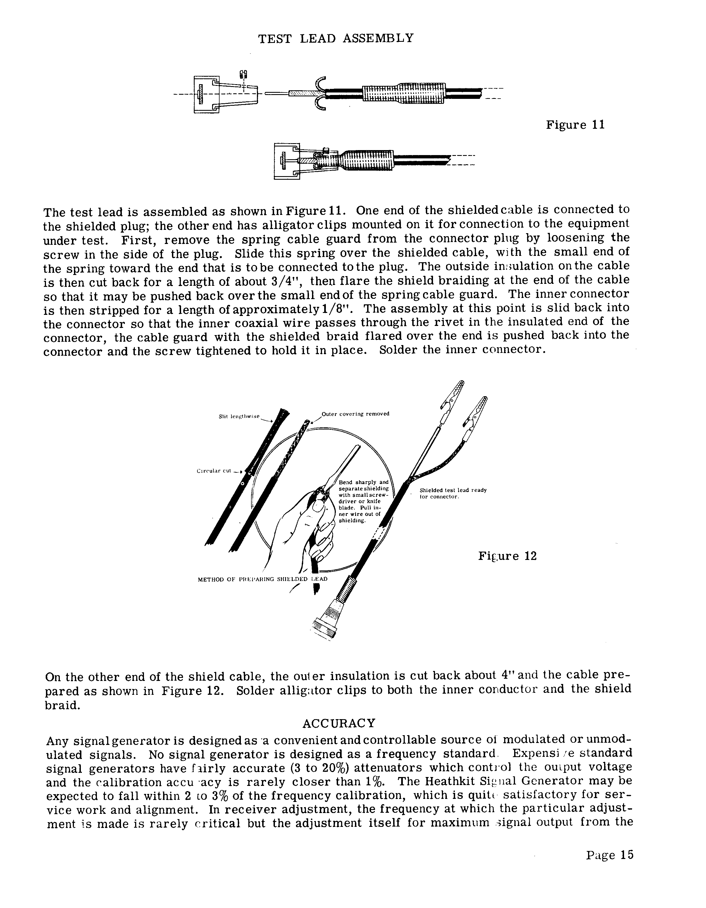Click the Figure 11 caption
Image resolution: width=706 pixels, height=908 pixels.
tap(575, 125)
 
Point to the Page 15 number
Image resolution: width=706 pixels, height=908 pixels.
tap(610, 855)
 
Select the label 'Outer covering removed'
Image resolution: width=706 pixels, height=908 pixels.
tap(355, 414)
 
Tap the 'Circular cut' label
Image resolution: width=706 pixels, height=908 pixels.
tap(213, 471)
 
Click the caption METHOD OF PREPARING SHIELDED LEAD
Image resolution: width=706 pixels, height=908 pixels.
tap(262, 579)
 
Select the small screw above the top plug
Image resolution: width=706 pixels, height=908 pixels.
tap(244, 75)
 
